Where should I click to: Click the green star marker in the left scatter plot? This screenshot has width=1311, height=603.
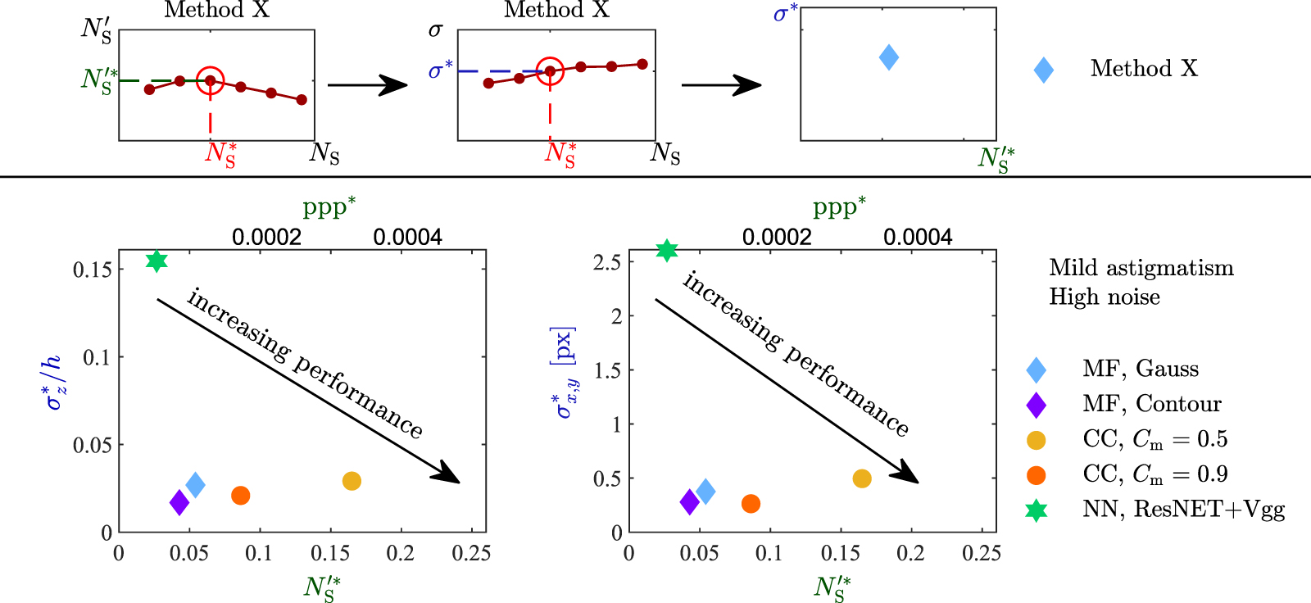(157, 261)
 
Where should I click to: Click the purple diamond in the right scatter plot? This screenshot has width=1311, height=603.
(690, 502)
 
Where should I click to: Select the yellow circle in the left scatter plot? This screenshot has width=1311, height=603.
(352, 481)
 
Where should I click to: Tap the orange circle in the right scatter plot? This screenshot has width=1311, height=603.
(751, 504)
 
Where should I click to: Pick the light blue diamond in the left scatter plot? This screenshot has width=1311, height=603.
(195, 485)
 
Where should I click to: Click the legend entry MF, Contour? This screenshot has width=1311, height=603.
(1151, 404)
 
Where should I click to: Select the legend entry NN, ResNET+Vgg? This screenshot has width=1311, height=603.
(1183, 510)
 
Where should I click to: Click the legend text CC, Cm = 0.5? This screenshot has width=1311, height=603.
(1154, 439)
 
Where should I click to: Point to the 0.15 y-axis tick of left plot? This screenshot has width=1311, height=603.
(92, 270)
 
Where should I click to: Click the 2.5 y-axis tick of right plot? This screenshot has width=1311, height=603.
(606, 262)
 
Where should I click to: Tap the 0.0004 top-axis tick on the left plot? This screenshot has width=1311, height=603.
(407, 238)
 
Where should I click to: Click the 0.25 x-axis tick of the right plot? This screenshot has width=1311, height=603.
(982, 554)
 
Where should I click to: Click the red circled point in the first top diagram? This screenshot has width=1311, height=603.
(211, 80)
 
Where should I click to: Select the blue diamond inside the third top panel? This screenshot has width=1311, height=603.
(888, 57)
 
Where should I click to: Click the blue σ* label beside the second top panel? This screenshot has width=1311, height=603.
(440, 70)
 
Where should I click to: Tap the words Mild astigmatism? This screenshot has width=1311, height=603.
(1141, 268)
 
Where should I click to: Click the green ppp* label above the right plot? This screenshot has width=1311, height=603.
(838, 206)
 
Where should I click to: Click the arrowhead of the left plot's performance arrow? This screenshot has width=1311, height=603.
(449, 474)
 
